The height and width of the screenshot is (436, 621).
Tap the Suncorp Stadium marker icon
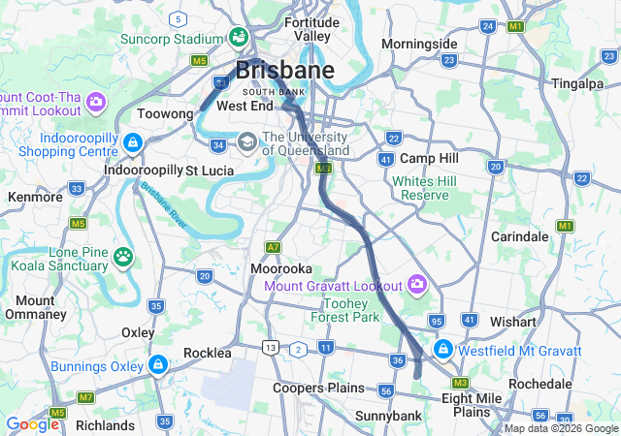(238, 38)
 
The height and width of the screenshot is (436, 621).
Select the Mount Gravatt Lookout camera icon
(417, 285)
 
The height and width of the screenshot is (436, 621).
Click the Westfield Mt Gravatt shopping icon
(442, 349)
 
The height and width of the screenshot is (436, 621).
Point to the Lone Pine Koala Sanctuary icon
(123, 257)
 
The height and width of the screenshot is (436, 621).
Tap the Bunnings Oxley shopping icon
(157, 364)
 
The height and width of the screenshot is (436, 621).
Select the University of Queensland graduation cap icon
(247, 142)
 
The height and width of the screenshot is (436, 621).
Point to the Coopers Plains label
(318, 388)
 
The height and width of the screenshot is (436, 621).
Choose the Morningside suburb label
(419, 45)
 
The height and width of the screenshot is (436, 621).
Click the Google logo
(32, 423)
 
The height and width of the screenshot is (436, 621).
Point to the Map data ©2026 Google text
(560, 428)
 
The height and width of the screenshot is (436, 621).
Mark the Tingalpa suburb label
(578, 83)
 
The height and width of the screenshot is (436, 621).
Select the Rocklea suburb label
(207, 353)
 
